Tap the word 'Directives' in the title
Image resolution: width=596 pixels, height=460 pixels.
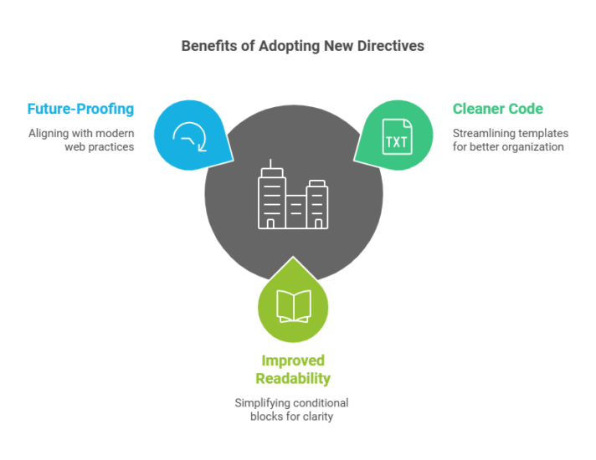389,46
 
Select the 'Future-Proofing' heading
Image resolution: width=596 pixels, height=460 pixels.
80,109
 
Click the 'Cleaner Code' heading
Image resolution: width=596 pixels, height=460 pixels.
497,109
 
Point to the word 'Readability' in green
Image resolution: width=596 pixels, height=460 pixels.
293,378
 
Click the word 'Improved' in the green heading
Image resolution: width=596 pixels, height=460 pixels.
293,360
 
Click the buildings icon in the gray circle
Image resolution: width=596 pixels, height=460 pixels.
293,197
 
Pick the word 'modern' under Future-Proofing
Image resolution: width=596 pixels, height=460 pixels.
115,133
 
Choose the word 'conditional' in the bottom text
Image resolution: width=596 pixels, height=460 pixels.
322,402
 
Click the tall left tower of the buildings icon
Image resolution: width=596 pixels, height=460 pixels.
271,197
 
